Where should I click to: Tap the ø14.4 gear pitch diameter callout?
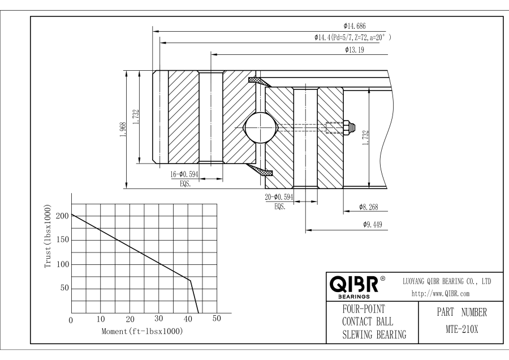(x=353, y=37)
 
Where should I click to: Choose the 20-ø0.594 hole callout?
(x=279, y=198)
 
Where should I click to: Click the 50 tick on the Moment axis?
(x=217, y=320)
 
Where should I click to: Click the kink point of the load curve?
(x=190, y=280)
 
